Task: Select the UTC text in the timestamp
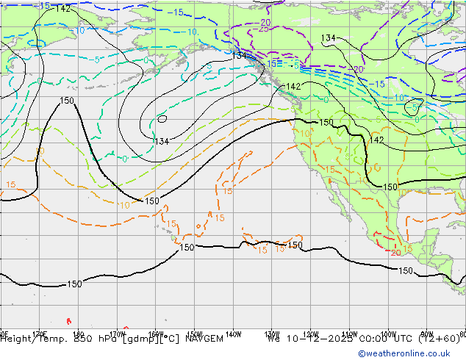[399, 339]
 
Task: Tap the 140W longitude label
[234, 331]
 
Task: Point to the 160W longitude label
[156, 331]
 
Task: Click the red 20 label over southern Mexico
[395, 252]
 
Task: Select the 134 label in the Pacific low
[161, 141]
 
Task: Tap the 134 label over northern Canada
[329, 37]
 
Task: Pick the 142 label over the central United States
[376, 140]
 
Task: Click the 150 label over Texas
[390, 187]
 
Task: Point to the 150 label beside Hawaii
[187, 248]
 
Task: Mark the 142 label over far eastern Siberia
[63, 8]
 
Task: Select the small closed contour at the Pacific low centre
[162, 119]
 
